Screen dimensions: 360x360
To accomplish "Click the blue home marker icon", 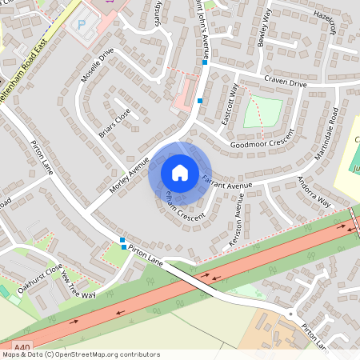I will pyautogui.click(x=180, y=173).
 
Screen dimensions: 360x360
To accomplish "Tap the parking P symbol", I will pyautogui.click(x=80, y=25).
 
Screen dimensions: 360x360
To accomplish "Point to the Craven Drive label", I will pyautogui.click(x=286, y=83).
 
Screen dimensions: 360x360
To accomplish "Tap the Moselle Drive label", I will pyautogui.click(x=98, y=66).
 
